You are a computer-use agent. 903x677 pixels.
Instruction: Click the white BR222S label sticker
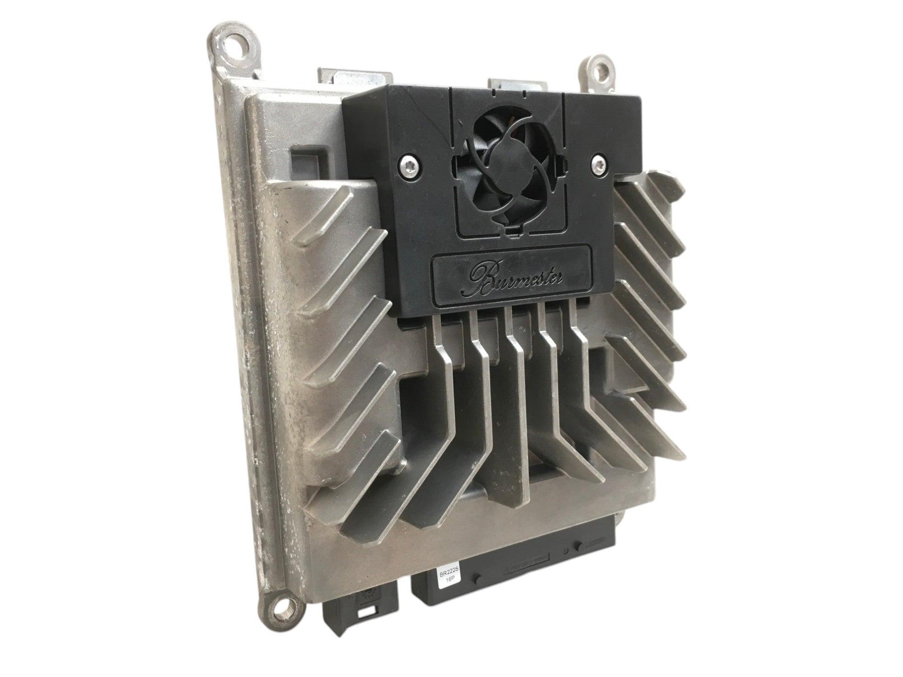click(x=446, y=581)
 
